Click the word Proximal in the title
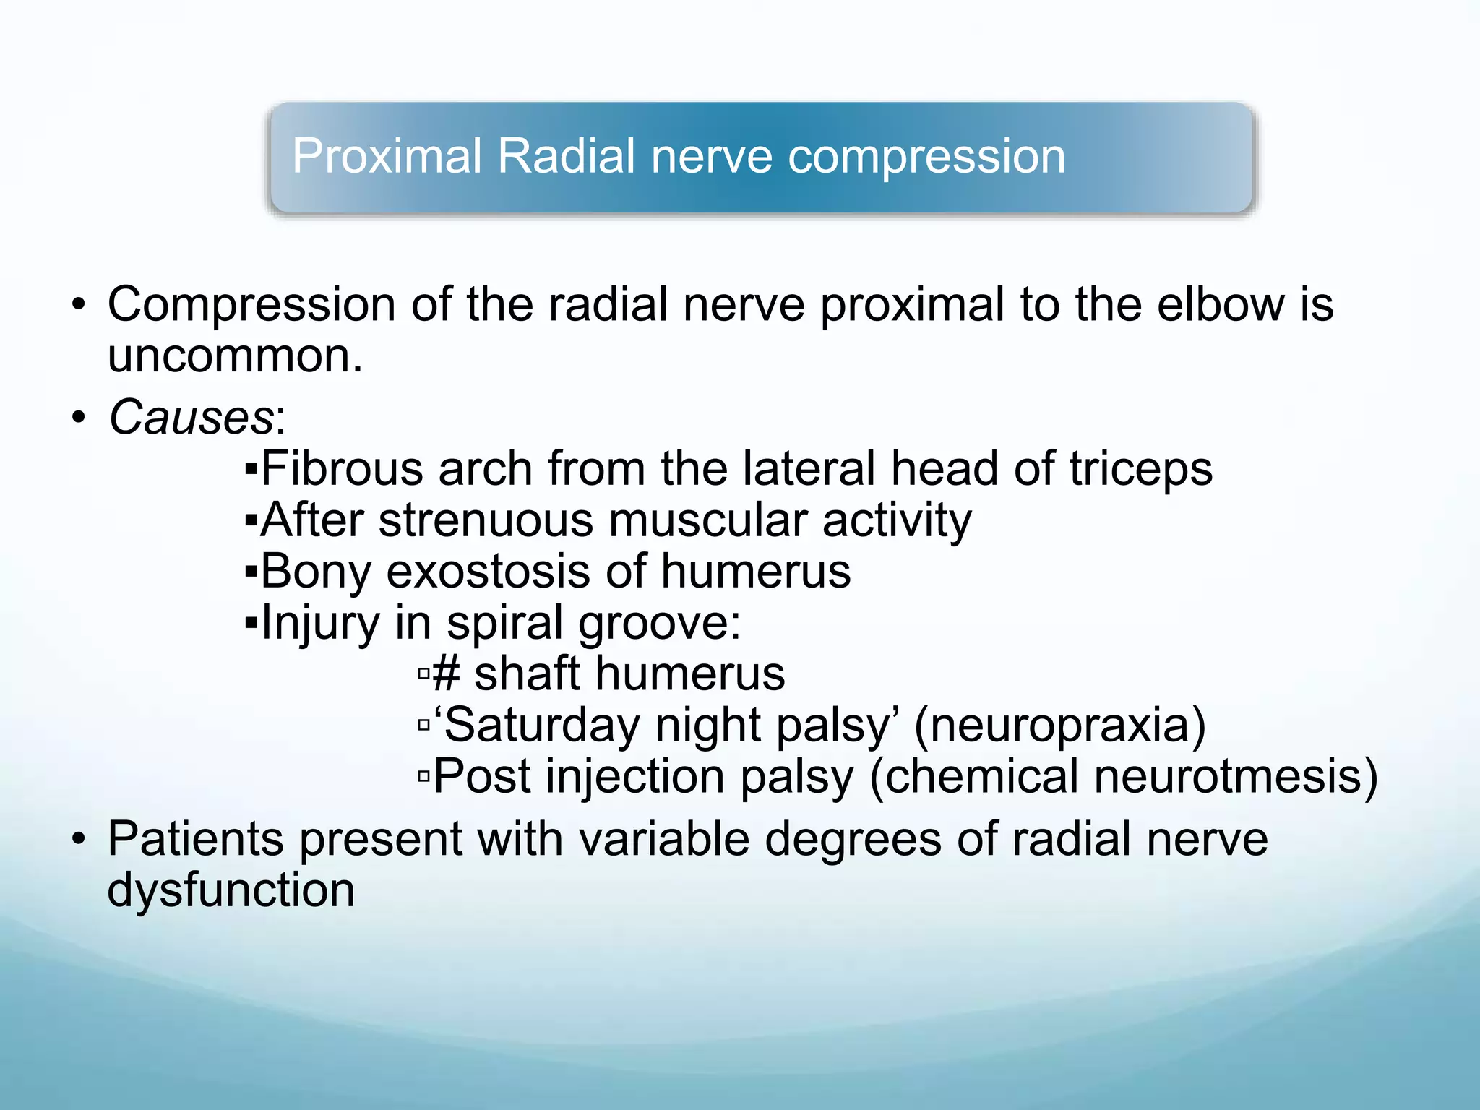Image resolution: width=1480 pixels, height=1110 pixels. (387, 157)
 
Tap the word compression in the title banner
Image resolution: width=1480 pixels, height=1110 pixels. (926, 157)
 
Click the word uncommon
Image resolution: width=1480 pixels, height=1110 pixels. (235, 356)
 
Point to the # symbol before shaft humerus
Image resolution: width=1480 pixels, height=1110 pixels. (446, 674)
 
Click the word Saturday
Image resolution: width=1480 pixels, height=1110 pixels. (542, 726)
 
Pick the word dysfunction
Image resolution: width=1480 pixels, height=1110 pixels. (231, 890)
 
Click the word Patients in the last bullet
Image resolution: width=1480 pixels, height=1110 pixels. (196, 839)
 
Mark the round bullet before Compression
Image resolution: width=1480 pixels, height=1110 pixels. (79, 305)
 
